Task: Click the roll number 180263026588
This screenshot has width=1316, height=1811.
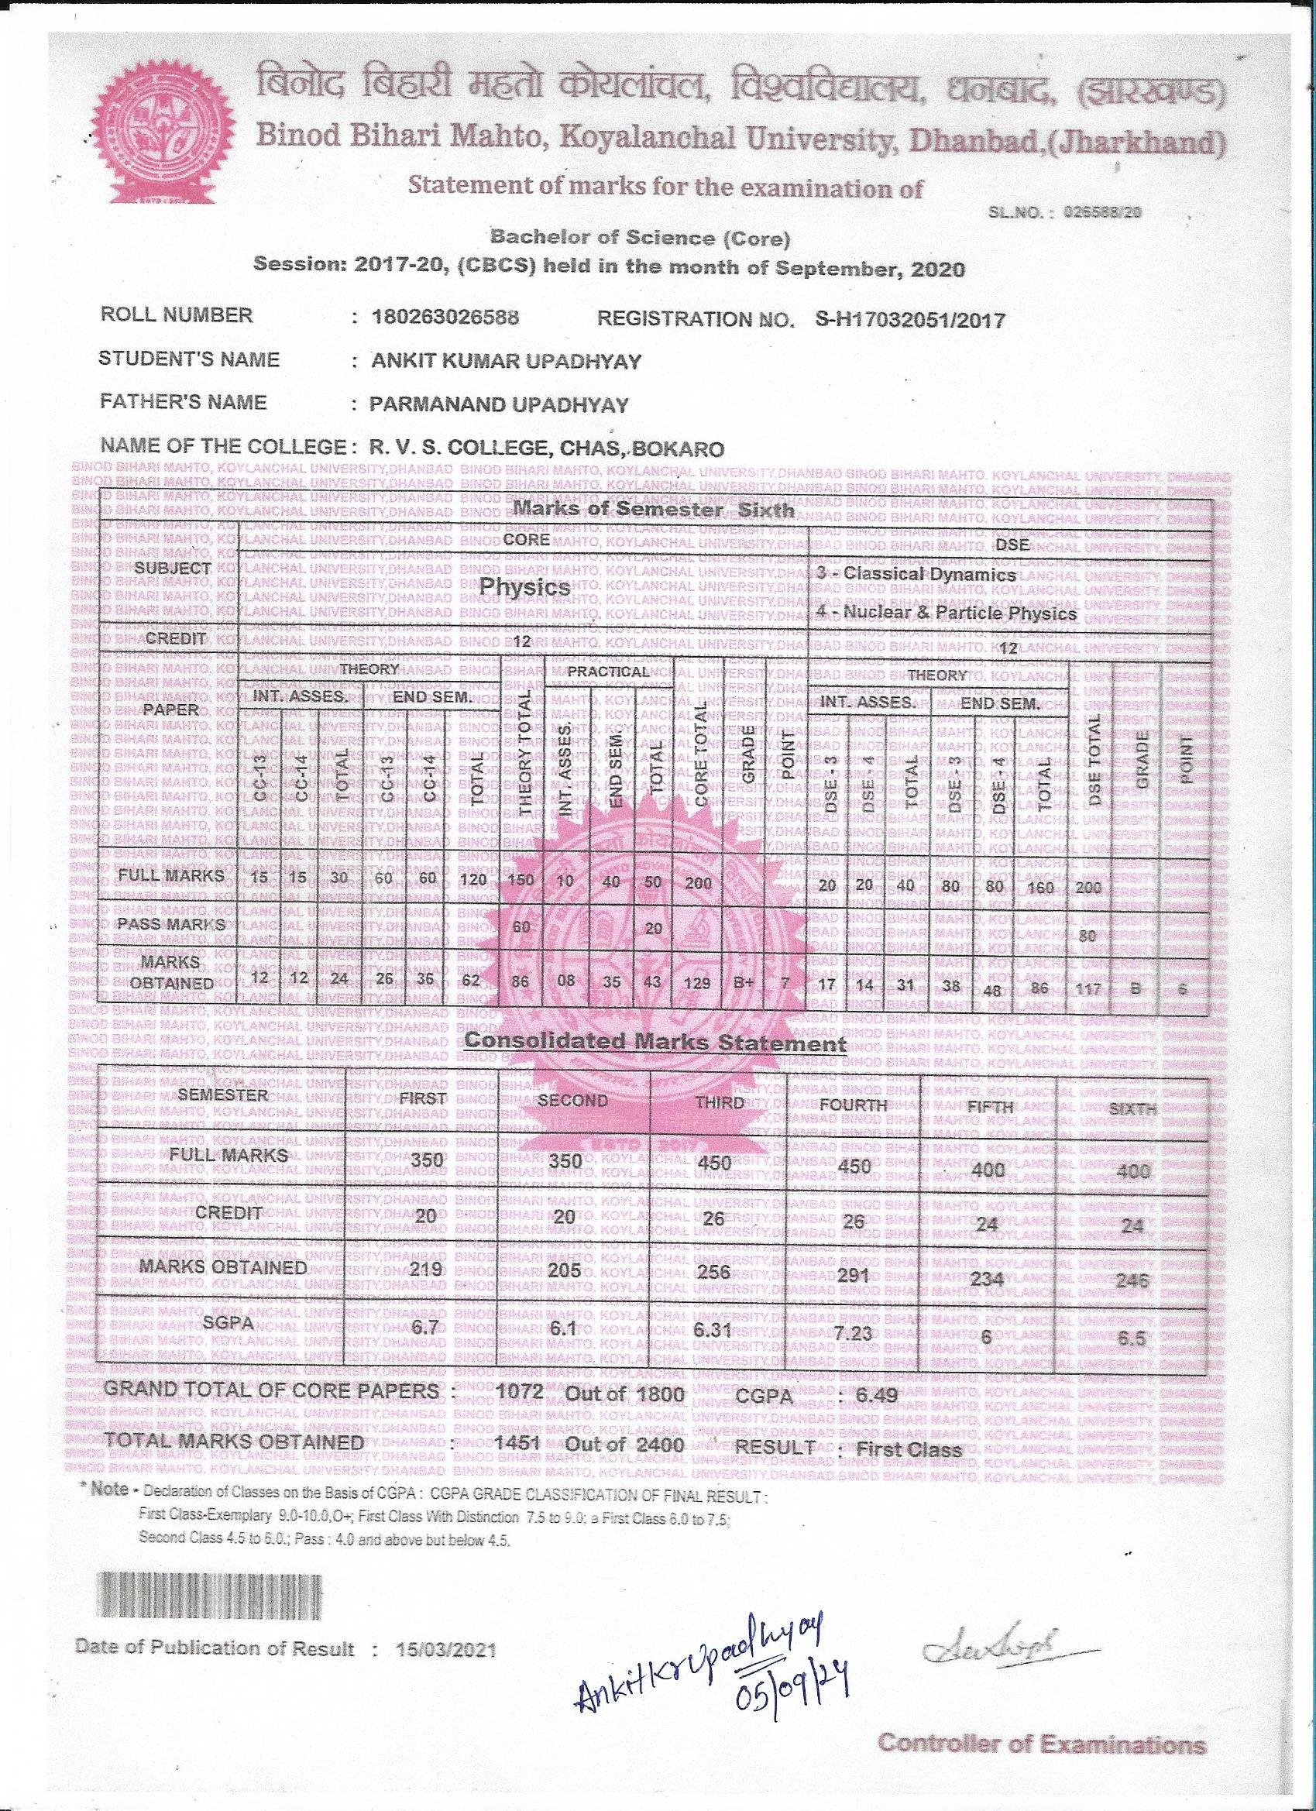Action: pos(445,317)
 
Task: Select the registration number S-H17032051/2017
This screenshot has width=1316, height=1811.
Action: pos(909,320)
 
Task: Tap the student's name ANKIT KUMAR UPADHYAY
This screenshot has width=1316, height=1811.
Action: pos(507,362)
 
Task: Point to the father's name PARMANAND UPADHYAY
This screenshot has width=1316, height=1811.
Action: pos(499,405)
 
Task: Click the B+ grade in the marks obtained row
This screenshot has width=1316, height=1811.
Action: pos(744,983)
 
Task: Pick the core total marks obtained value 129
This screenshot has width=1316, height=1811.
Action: pos(697,983)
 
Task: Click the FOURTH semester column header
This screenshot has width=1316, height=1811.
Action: pos(853,1105)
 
